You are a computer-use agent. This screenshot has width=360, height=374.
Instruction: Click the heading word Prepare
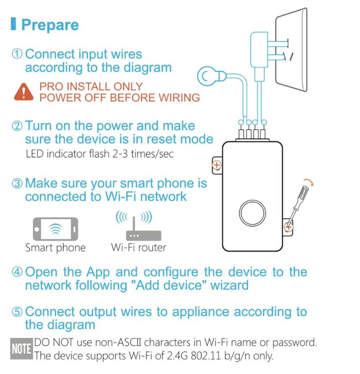(50, 25)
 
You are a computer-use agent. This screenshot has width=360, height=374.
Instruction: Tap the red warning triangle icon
(23, 92)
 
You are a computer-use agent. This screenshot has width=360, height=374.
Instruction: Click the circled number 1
(17, 54)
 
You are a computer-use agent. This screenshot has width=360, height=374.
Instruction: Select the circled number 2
(17, 126)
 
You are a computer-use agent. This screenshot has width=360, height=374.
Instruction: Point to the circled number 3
(17, 183)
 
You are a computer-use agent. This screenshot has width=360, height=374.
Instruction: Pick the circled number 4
(17, 272)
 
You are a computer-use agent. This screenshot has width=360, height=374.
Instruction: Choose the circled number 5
(17, 312)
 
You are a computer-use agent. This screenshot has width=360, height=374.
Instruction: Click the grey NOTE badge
(21, 349)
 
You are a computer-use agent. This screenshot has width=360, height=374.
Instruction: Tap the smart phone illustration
(55, 229)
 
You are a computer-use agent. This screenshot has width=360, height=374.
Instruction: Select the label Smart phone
(55, 248)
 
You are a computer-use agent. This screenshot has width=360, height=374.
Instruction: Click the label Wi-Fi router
(139, 247)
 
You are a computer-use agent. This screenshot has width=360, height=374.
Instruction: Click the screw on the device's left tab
(217, 165)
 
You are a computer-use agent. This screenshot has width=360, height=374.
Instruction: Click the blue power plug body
(259, 49)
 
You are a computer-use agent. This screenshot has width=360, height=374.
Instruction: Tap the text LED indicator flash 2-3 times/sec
(99, 154)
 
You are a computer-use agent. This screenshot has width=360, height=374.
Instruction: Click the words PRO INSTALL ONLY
(91, 87)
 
